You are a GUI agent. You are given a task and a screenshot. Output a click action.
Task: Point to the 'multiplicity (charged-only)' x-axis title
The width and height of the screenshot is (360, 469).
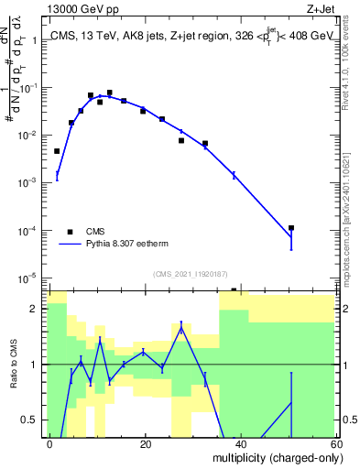point(274,455)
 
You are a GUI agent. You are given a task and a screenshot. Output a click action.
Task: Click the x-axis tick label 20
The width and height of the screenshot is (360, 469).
point(145,443)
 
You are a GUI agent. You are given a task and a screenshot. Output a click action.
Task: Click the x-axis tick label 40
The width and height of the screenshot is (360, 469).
point(240,443)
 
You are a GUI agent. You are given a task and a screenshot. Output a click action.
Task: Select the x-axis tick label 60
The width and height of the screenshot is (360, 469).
point(334,443)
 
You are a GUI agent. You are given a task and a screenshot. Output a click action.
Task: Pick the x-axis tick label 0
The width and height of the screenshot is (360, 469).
point(50,443)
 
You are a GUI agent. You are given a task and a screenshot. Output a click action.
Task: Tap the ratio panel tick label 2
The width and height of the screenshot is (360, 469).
point(37,309)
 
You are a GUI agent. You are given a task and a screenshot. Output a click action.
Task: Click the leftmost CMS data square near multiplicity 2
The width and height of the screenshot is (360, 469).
point(57,151)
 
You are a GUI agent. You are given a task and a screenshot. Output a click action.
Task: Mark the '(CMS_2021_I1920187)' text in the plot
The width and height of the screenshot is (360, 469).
point(189,273)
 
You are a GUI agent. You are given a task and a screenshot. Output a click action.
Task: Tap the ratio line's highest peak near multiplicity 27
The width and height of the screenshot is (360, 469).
point(181,326)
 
